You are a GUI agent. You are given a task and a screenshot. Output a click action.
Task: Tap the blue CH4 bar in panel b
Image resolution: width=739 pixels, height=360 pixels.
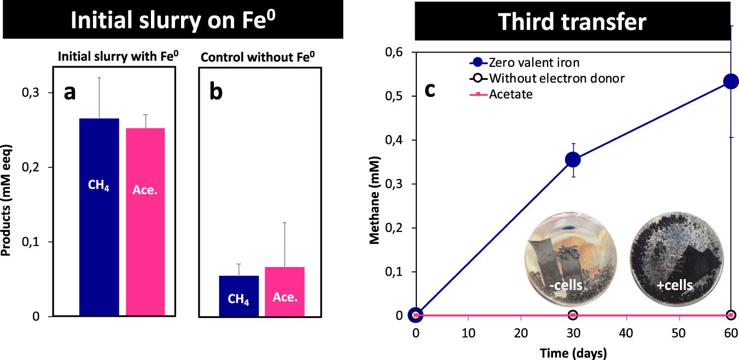click(238, 296)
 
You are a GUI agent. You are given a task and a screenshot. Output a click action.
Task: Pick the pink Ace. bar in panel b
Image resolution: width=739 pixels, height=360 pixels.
click(284, 292)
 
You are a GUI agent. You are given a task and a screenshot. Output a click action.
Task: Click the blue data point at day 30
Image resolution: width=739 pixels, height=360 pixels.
click(573, 159)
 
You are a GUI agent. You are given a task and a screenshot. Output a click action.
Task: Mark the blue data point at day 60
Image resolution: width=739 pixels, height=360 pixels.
click(731, 82)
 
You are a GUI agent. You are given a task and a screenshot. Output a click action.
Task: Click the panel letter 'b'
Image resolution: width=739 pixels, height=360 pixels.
click(216, 92)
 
